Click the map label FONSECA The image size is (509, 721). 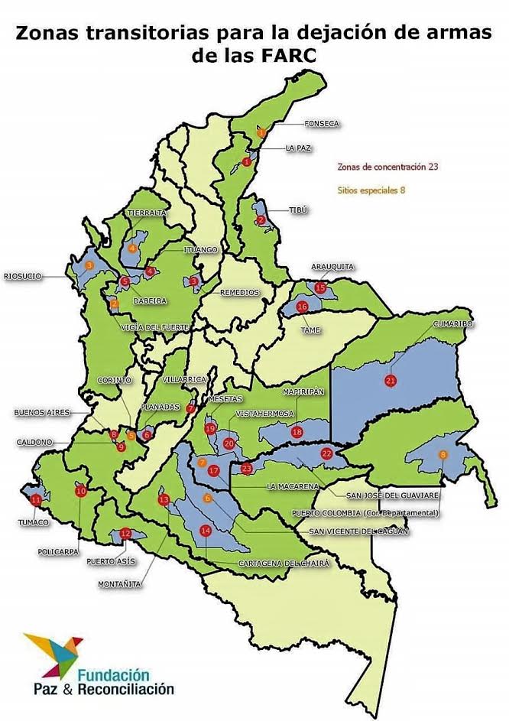point(321,123)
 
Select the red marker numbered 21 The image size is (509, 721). point(391,381)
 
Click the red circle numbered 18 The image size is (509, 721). point(297,432)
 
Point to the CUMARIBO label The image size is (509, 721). point(453,324)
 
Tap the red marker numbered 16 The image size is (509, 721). point(302,307)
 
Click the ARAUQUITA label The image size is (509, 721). point(332,266)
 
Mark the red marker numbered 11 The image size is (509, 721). point(37,500)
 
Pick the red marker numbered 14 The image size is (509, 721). point(205,531)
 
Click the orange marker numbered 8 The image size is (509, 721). point(443,456)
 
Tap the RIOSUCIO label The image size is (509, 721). point(23,277)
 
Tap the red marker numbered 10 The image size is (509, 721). point(81,492)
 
